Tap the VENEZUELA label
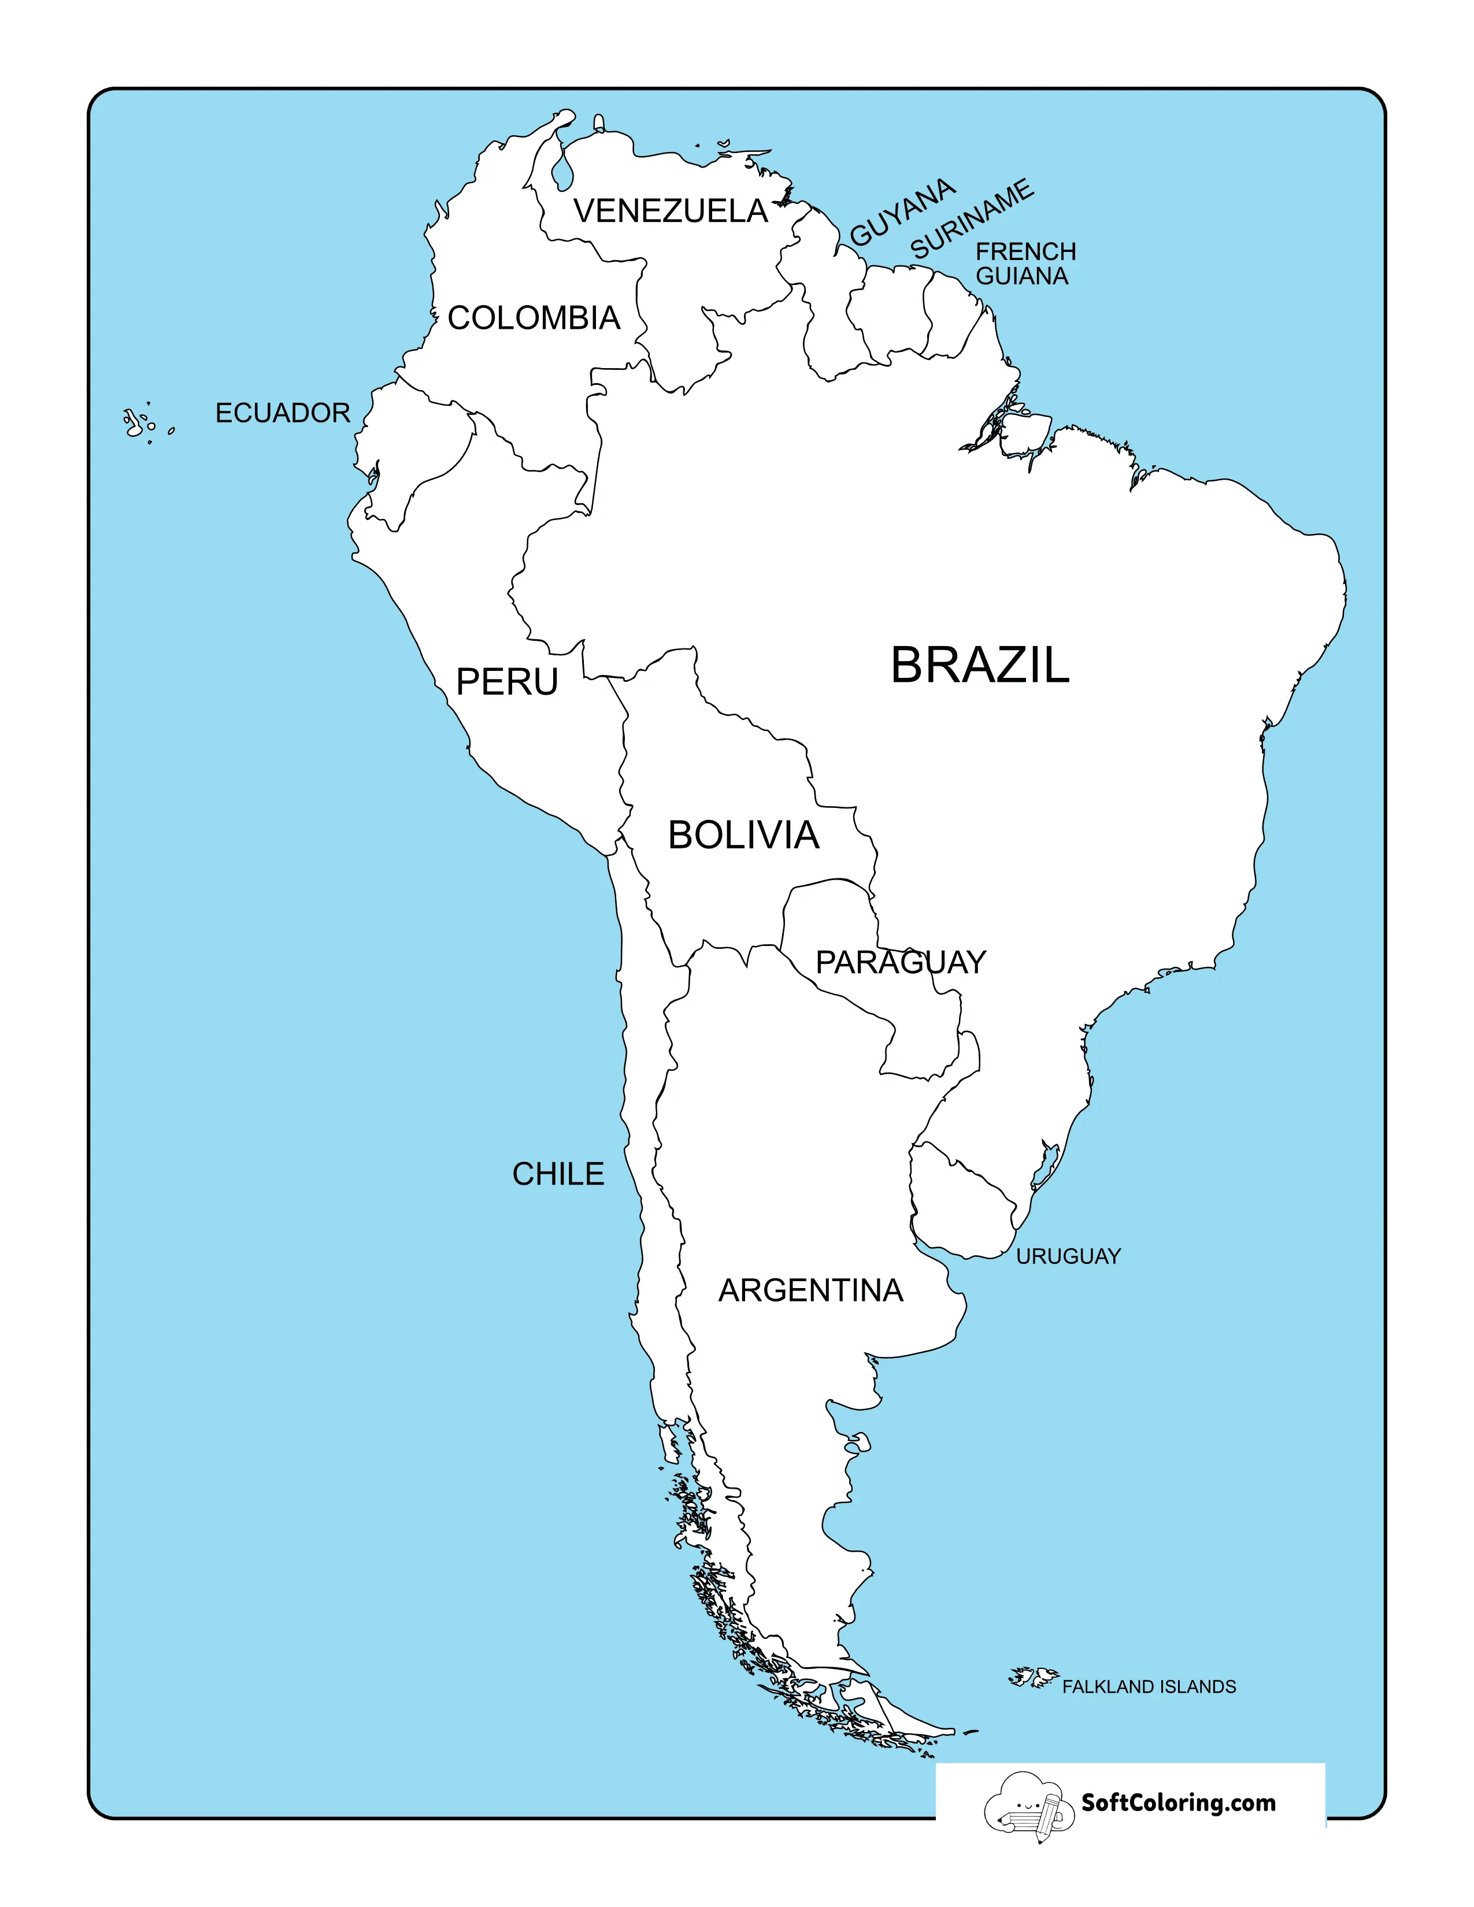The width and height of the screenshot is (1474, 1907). [671, 212]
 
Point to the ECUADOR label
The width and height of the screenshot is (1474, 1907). [282, 413]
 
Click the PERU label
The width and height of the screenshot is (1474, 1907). [506, 682]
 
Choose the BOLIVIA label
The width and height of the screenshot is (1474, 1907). [743, 836]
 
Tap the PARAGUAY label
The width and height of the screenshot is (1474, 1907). [900, 962]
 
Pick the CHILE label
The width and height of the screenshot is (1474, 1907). [558, 1174]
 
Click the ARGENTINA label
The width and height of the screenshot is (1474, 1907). [810, 1290]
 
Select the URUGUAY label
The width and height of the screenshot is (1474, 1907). [1068, 1256]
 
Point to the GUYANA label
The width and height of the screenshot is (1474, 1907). [903, 212]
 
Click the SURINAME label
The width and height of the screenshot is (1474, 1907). [972, 219]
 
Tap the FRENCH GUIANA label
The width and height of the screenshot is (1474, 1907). [1025, 264]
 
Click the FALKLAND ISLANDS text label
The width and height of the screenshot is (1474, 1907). [1149, 1687]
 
